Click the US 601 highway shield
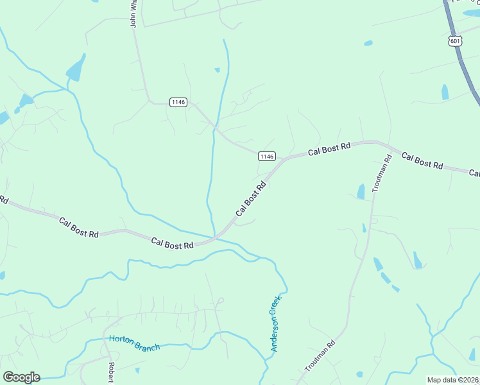pos(454,41)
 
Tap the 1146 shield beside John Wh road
pos(178,102)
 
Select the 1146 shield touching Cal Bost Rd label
pos(267,157)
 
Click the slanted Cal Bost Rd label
pos(251,200)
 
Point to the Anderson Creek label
pos(276,327)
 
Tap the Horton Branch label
pos(134,343)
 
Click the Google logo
pos(21,377)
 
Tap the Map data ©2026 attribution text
pos(452,380)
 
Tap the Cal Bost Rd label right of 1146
pos(329,150)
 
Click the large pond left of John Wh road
pos(76,68)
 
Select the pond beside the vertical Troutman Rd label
pos(361,191)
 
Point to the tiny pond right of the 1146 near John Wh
pos(217,69)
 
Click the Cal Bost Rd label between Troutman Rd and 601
pos(422,160)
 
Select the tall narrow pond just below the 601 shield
pos(445,92)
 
